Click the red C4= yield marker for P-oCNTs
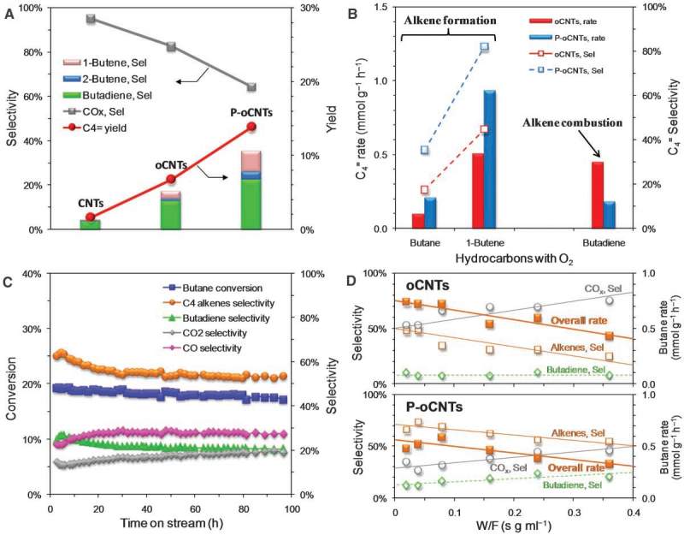(251, 126)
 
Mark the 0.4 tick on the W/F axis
(633, 510)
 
